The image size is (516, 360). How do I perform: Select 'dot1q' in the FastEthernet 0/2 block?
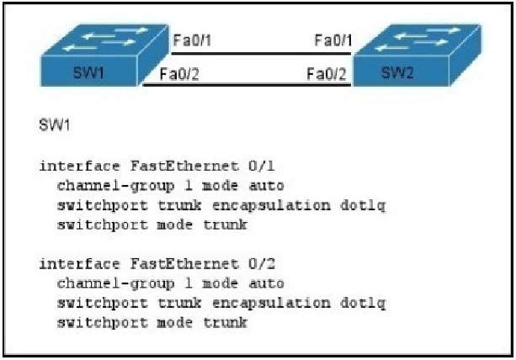(367, 304)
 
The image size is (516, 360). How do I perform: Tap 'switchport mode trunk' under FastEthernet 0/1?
(152, 225)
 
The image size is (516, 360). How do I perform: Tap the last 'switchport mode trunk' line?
(152, 323)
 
